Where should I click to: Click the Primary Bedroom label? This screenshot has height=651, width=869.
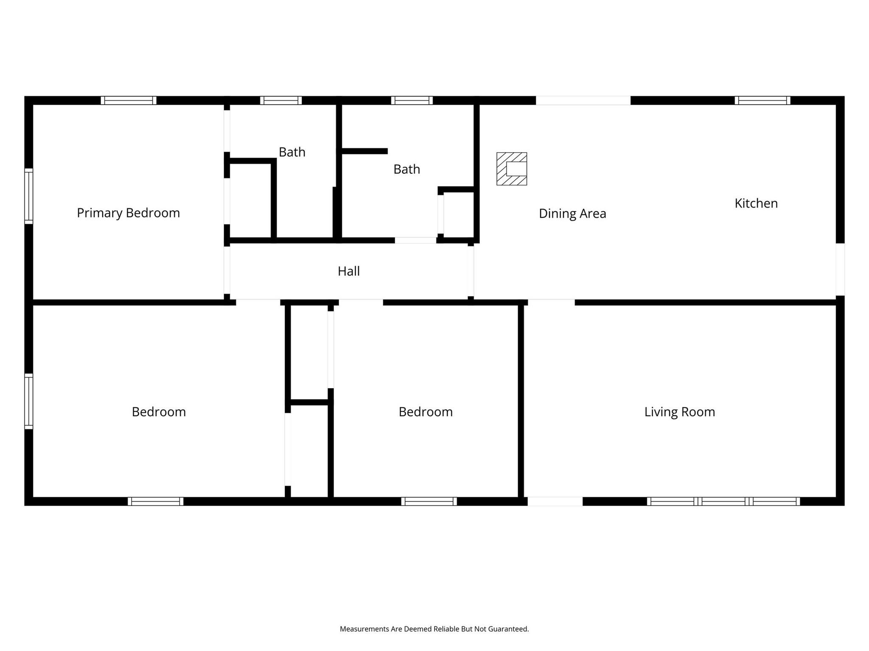pos(128,213)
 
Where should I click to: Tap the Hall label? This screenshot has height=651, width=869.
pos(348,271)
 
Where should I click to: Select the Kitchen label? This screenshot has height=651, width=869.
pos(756,203)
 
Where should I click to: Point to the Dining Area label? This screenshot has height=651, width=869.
pos(572,214)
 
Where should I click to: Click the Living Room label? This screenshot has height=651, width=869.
pos(679,412)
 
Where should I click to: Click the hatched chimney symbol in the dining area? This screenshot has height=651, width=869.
pos(512,169)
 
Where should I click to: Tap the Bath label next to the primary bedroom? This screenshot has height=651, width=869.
pos(292,152)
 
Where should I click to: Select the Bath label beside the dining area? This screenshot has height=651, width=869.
pos(406,170)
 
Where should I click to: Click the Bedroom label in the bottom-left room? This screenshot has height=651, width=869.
pos(159,412)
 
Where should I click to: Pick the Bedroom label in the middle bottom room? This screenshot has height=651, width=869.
pos(426,412)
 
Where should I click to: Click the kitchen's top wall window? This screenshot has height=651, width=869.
pos(762,100)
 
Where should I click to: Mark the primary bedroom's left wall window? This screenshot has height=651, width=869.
pos(28,196)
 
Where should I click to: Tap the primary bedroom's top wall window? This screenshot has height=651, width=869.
pos(129,100)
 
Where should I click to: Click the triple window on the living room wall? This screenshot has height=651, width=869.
pos(723,501)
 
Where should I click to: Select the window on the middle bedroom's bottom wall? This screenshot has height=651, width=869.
pos(429,501)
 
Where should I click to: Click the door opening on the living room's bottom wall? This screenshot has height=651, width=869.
pos(555,501)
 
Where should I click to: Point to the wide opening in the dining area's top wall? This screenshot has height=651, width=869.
pos(583,100)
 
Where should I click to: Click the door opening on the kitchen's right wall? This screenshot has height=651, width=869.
pos(840,269)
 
